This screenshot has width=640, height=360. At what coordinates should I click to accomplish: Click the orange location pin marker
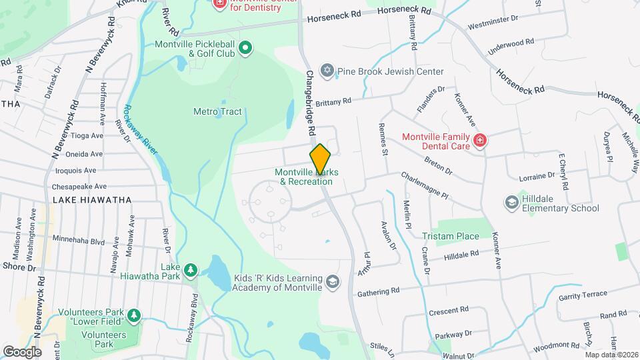321,159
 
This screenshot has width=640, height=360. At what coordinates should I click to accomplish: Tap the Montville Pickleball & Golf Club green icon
245,47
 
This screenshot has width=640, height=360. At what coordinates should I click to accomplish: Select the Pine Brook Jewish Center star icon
327,70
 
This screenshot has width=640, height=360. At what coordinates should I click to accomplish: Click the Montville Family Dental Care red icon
479,141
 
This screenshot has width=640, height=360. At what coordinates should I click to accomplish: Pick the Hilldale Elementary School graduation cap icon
511,202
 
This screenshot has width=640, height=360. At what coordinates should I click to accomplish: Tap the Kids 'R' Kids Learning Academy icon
333,283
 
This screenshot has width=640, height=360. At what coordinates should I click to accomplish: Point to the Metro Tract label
217,112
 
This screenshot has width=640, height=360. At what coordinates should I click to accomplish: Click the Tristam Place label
451,236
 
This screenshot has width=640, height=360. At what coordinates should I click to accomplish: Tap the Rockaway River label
141,129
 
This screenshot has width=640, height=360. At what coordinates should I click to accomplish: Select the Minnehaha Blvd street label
79,241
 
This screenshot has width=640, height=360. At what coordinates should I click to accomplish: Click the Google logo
21,351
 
